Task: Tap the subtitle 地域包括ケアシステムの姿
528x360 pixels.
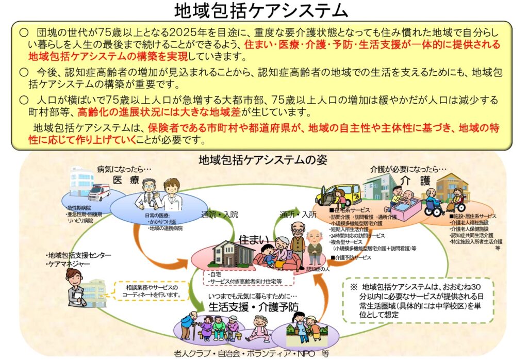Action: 263,160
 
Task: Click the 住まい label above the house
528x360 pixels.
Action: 254,239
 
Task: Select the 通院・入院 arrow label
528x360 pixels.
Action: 219,214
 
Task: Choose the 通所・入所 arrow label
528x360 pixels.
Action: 298,214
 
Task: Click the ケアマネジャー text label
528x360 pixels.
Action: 68,264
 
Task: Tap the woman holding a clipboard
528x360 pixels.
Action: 76,288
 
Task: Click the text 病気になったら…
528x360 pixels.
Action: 124,169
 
